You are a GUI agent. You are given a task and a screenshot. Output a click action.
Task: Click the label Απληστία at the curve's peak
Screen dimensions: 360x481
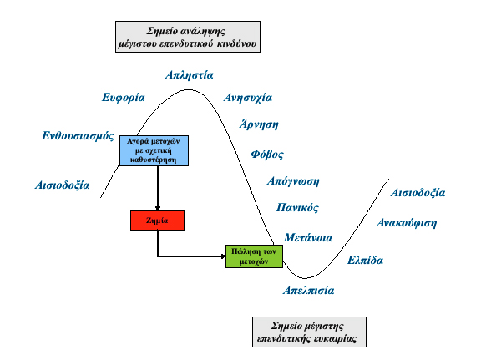[x=189, y=74]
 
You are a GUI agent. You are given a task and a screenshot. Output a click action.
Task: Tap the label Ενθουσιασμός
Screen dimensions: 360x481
[x=78, y=135]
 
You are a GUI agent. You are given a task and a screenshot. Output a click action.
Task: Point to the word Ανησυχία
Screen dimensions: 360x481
[x=248, y=97]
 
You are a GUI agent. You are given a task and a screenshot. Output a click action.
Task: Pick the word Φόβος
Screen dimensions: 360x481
[x=267, y=154]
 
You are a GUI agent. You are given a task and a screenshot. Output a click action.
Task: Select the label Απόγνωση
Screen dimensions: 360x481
[x=292, y=180]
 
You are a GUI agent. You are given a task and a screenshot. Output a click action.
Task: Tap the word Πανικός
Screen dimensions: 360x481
[x=296, y=207]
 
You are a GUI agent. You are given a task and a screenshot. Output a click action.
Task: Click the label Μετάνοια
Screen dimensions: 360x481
[x=309, y=237]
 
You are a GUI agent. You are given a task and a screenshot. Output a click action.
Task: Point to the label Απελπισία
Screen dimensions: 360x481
[x=308, y=291]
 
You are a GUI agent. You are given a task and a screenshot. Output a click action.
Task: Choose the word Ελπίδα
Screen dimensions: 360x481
[x=365, y=260]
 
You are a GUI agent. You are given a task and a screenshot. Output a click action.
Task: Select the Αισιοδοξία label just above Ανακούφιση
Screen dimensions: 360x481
[x=418, y=193]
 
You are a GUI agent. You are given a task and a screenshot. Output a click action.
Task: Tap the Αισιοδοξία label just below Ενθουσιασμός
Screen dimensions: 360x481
[x=63, y=184]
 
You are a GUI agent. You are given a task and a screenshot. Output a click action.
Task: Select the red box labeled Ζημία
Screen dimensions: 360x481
[x=156, y=221]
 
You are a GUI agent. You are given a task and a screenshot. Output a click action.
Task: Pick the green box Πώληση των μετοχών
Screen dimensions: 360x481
[x=249, y=256]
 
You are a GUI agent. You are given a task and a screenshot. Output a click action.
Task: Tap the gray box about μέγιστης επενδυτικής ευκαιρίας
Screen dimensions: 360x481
[x=308, y=331]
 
